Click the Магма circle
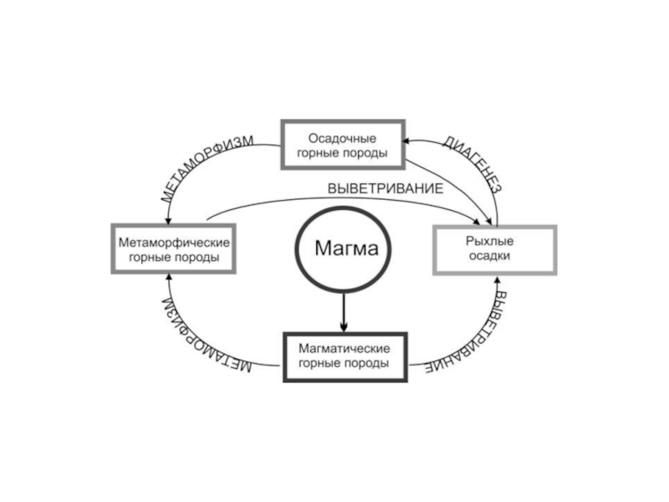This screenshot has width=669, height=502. coord(341,248)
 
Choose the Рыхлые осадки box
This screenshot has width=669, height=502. coord(494,249)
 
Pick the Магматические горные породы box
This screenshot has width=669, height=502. coord(342,356)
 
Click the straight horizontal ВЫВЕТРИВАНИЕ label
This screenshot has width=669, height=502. coord(385,189)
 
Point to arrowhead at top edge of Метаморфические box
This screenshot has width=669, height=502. coord(169,220)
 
